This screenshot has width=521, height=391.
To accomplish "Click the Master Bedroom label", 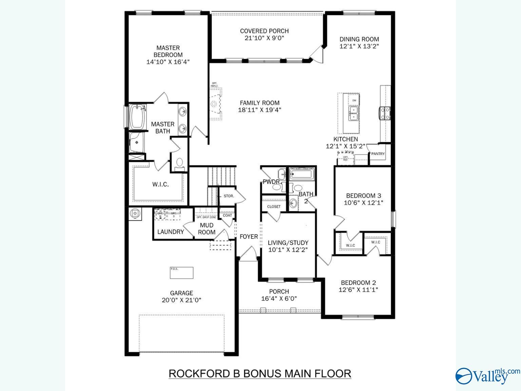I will tap(168, 51).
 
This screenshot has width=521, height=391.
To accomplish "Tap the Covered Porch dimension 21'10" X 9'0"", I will tap(264, 38).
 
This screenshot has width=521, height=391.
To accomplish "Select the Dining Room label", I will tap(359, 39).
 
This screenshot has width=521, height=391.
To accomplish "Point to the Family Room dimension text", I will tap(259, 110).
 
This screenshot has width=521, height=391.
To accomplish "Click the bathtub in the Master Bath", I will tap(137, 117).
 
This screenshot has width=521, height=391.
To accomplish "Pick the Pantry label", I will tap(378, 154).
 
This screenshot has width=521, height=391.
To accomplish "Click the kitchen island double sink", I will tap(354, 113).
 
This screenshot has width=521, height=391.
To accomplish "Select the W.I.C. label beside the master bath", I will tap(160, 185).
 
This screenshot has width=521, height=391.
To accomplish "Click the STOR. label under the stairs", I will tap(229, 196).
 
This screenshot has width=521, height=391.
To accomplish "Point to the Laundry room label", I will tap(171, 232).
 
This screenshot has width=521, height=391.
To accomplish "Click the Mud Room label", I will tap(207, 229).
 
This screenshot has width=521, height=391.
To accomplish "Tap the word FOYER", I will tap(249, 237).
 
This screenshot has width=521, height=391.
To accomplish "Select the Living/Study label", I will tap(288, 243).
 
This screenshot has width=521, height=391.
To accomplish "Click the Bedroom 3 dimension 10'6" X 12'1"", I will tap(363, 203).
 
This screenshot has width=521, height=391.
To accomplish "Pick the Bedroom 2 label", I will tap(358, 282).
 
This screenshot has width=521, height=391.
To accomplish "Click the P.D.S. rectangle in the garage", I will tap(181, 273).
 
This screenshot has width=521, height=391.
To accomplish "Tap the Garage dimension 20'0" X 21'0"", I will tap(181, 300).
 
